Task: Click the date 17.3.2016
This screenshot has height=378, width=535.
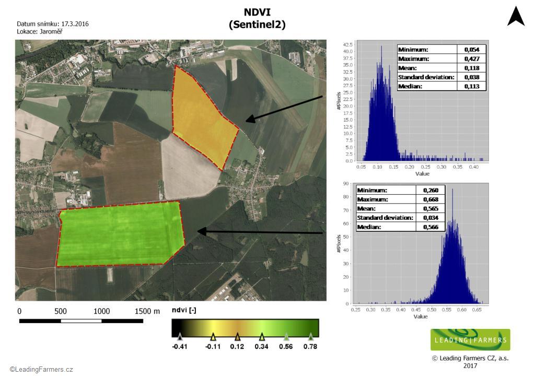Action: (x=75, y=24)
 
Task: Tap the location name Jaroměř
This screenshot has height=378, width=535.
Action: (x=51, y=31)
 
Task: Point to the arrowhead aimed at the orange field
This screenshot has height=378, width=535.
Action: (x=251, y=119)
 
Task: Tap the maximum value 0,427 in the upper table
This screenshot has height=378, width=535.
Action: (x=472, y=58)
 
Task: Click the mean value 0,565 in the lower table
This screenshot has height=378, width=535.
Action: (x=431, y=209)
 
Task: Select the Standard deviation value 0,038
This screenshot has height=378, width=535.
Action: (x=472, y=77)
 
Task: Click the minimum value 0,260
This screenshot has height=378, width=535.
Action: (x=431, y=190)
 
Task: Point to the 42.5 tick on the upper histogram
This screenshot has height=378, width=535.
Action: (x=347, y=45)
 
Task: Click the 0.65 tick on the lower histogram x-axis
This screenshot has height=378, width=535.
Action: (x=476, y=310)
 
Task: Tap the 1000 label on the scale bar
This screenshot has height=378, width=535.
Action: (x=102, y=311)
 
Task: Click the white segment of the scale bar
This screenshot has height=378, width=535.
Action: (x=81, y=321)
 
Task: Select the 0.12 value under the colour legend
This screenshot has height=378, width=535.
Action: (x=237, y=346)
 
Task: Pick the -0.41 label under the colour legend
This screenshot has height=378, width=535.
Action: (x=180, y=346)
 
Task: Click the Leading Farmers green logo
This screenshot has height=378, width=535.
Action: (x=470, y=339)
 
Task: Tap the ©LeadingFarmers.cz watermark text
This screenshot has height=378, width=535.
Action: (x=41, y=370)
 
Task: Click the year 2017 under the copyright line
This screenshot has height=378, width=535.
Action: (x=470, y=365)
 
